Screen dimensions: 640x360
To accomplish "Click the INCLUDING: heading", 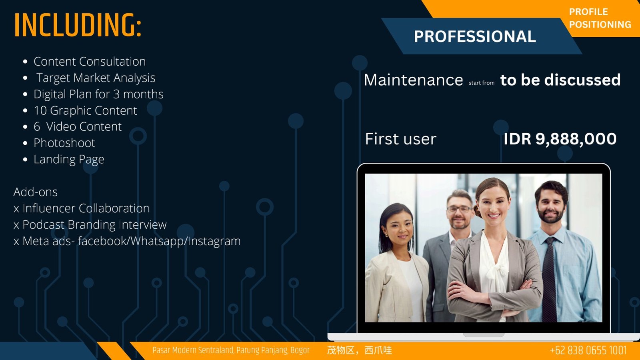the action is pyautogui.click(x=78, y=25).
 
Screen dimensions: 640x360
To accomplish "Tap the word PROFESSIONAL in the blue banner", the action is pyautogui.click(x=475, y=36).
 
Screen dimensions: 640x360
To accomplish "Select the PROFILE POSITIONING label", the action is pyautogui.click(x=600, y=18).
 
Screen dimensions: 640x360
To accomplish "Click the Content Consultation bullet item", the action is pyautogui.click(x=90, y=62).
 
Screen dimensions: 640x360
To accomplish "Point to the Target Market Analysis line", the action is pyautogui.click(x=96, y=78).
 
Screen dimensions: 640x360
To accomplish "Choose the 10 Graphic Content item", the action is pyautogui.click(x=85, y=110).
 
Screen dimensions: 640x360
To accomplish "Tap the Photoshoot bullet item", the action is pyautogui.click(x=64, y=143).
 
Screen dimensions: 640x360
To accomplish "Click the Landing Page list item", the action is pyautogui.click(x=69, y=160).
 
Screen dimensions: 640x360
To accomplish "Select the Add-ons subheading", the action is pyautogui.click(x=36, y=192).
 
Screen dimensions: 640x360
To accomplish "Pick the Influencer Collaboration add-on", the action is pyautogui.click(x=86, y=208).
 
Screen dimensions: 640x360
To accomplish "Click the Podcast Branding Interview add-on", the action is pyautogui.click(x=94, y=225).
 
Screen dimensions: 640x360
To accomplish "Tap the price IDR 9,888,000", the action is pyautogui.click(x=560, y=139).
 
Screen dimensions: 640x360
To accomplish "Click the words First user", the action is pyautogui.click(x=400, y=139).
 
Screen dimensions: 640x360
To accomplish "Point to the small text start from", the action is pyautogui.click(x=482, y=83).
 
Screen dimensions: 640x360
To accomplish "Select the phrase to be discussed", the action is pyautogui.click(x=560, y=80).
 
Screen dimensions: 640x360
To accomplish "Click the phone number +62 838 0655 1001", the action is pyautogui.click(x=588, y=350).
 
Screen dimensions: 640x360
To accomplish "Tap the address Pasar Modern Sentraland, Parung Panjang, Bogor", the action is pyautogui.click(x=231, y=350).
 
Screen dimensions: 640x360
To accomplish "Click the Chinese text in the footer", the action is pyautogui.click(x=360, y=350).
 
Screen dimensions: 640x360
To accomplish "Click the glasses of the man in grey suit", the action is pyautogui.click(x=459, y=210).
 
